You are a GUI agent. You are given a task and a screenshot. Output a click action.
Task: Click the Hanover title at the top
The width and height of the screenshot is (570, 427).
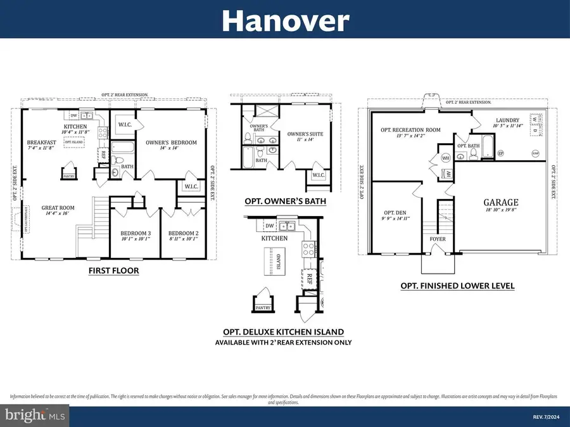[285, 21]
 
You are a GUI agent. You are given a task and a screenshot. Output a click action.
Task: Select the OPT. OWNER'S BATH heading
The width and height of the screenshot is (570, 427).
[285, 201]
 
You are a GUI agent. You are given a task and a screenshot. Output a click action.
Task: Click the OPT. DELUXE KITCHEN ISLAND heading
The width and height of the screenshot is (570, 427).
[283, 332]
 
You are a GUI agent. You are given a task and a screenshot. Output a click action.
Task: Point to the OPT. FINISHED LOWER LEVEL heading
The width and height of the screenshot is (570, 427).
[457, 286]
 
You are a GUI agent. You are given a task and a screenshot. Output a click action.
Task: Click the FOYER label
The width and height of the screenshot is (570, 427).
[438, 239]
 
